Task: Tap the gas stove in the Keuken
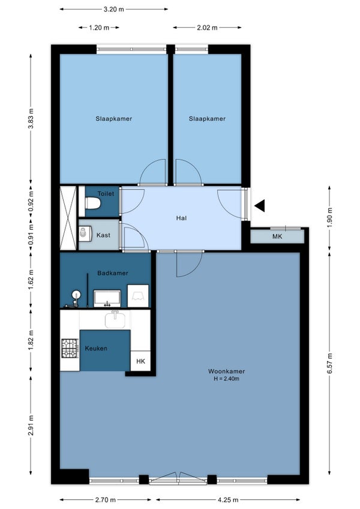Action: click(x=70, y=348)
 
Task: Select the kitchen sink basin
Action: click(x=115, y=319)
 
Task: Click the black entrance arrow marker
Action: click(x=260, y=205)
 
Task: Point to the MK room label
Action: click(x=277, y=236)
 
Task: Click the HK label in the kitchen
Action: click(x=140, y=361)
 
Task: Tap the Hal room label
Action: click(x=181, y=218)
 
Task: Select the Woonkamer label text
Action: click(x=227, y=371)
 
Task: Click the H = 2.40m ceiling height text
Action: click(x=227, y=379)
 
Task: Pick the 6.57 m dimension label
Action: click(x=329, y=363)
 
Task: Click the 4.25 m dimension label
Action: click(x=228, y=499)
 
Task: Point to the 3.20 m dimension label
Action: click(x=113, y=9)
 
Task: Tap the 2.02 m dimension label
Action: click(x=207, y=28)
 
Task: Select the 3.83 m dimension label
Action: click(x=31, y=118)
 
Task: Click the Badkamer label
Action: click(x=113, y=273)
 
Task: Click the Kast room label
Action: click(x=103, y=235)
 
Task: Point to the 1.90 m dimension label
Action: click(x=329, y=217)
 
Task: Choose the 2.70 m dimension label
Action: click(x=105, y=499)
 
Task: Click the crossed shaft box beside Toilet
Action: click(x=68, y=218)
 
